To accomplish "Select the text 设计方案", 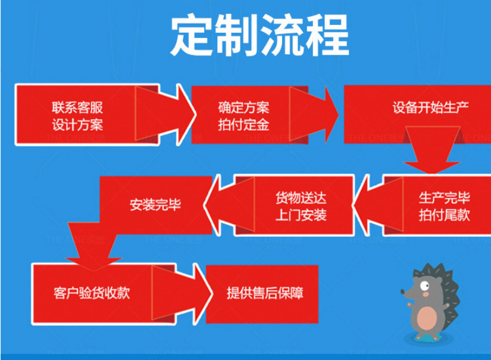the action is pyautogui.click(x=77, y=125).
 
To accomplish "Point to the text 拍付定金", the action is pyautogui.click(x=243, y=125).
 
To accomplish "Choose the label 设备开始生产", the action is pyautogui.click(x=430, y=109).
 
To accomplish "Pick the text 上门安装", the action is pyautogui.click(x=301, y=215).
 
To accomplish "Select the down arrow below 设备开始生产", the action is pyautogui.click(x=429, y=159).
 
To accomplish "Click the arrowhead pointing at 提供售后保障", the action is pyautogui.click(x=202, y=293).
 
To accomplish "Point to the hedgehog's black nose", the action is pyautogui.click(x=402, y=292).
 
